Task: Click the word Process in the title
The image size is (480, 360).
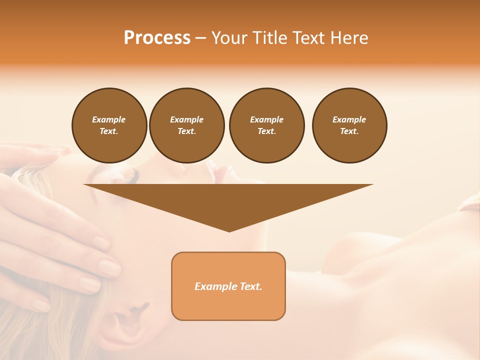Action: (157, 38)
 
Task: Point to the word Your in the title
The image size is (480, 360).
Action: (228, 38)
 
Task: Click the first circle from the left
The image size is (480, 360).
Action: (109, 125)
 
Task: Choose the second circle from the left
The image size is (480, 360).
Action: (186, 125)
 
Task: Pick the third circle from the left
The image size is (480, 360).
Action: (266, 125)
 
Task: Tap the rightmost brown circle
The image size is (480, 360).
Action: (349, 125)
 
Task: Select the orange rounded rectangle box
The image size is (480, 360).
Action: (228, 305)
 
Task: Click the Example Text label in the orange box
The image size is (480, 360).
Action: (228, 286)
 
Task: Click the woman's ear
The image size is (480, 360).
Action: (125, 320)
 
